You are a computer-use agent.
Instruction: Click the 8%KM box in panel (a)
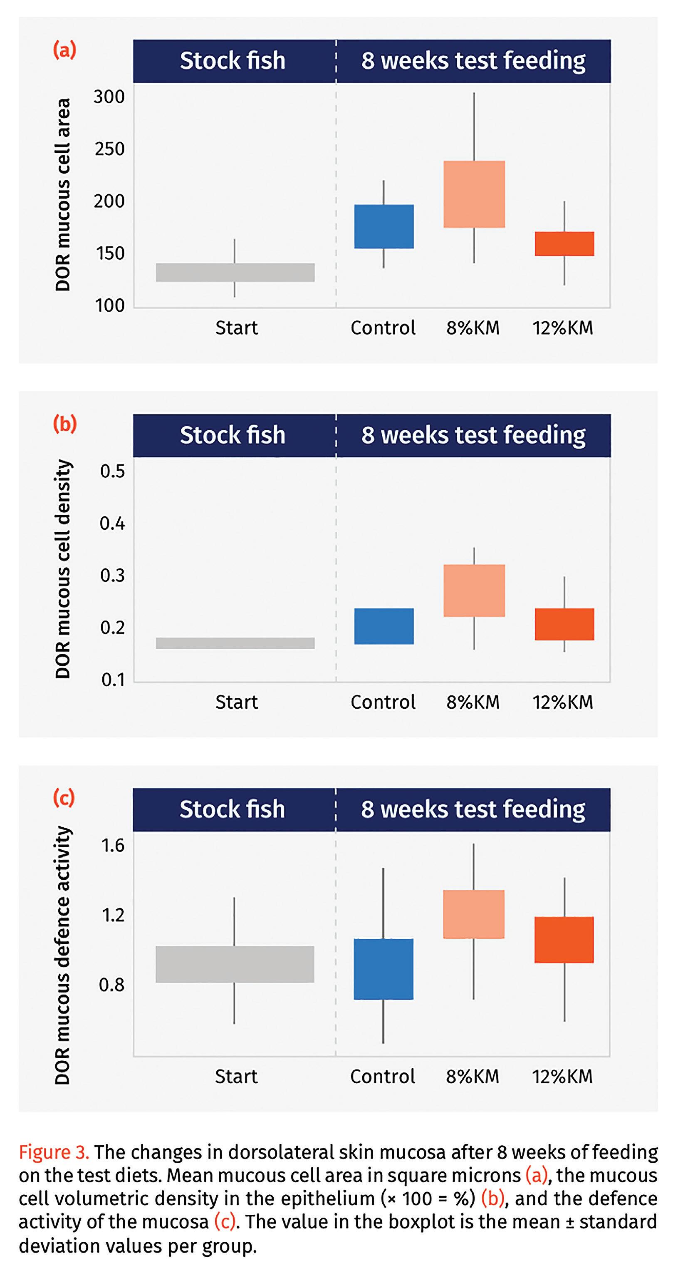[474, 194]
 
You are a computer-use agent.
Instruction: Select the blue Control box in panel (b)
[384, 626]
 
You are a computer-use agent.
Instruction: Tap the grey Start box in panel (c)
[235, 964]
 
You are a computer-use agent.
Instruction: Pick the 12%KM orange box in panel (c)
[564, 940]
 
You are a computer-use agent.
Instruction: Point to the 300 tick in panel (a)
[109, 97]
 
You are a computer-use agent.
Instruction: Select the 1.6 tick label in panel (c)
[113, 845]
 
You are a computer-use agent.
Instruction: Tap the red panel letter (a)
[64, 50]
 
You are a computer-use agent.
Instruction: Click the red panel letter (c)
[64, 798]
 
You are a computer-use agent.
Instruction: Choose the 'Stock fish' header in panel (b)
[233, 435]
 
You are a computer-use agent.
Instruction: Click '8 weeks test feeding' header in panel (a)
[473, 60]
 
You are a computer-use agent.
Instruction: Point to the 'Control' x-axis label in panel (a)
[383, 328]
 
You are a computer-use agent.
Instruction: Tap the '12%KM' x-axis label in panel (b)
[563, 702]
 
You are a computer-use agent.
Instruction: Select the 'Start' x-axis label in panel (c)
[236, 1076]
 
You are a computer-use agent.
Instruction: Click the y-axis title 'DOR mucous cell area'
[63, 194]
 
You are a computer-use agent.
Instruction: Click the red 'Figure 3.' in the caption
[54, 1151]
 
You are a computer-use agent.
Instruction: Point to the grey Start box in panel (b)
[235, 643]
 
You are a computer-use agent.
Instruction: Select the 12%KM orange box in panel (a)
[564, 243]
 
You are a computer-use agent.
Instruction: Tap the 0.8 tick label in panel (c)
[111, 984]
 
